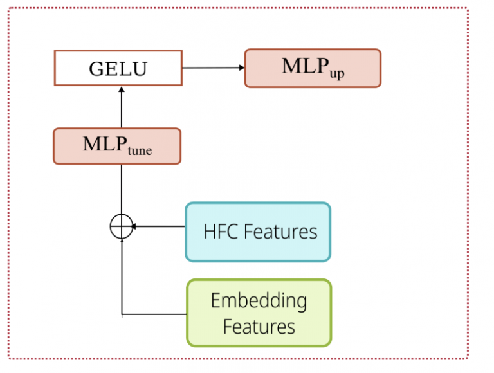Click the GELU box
click(118, 68)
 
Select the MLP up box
click(313, 68)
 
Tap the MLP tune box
click(117, 146)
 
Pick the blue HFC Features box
click(258, 232)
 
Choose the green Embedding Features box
click(259, 313)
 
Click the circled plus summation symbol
click(122, 226)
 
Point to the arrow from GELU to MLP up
click(214, 68)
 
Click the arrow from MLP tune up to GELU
click(122, 107)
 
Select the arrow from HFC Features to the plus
click(158, 226)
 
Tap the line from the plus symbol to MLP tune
click(122, 189)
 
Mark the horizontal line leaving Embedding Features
click(154, 314)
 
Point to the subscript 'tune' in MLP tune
click(140, 150)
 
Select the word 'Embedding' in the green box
click(259, 301)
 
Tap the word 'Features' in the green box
click(259, 327)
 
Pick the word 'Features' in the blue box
click(280, 232)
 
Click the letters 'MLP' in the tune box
click(105, 144)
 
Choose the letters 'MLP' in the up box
click(306, 66)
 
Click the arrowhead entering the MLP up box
click(242, 68)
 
